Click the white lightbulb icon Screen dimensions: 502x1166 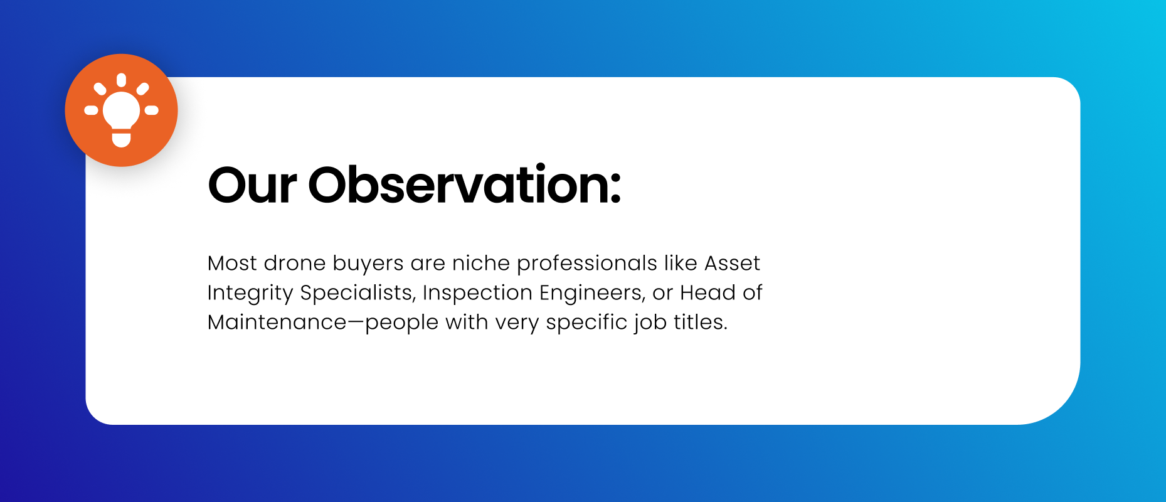pyautogui.click(x=121, y=110)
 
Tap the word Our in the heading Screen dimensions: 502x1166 pyautogui.click(x=252, y=185)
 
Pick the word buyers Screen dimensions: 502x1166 pyautogui.click(x=368, y=264)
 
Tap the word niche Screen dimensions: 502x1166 pyautogui.click(x=480, y=263)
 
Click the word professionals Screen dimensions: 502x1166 pyautogui.click(x=586, y=264)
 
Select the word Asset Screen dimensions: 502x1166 pyautogui.click(x=732, y=263)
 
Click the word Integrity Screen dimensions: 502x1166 pyautogui.click(x=250, y=294)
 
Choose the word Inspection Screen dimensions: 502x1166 pyautogui.click(x=477, y=294)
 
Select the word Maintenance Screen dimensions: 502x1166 pyautogui.click(x=277, y=322)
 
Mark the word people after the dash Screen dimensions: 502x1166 pyautogui.click(x=401, y=323)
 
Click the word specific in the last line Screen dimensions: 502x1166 pyautogui.click(x=586, y=323)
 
